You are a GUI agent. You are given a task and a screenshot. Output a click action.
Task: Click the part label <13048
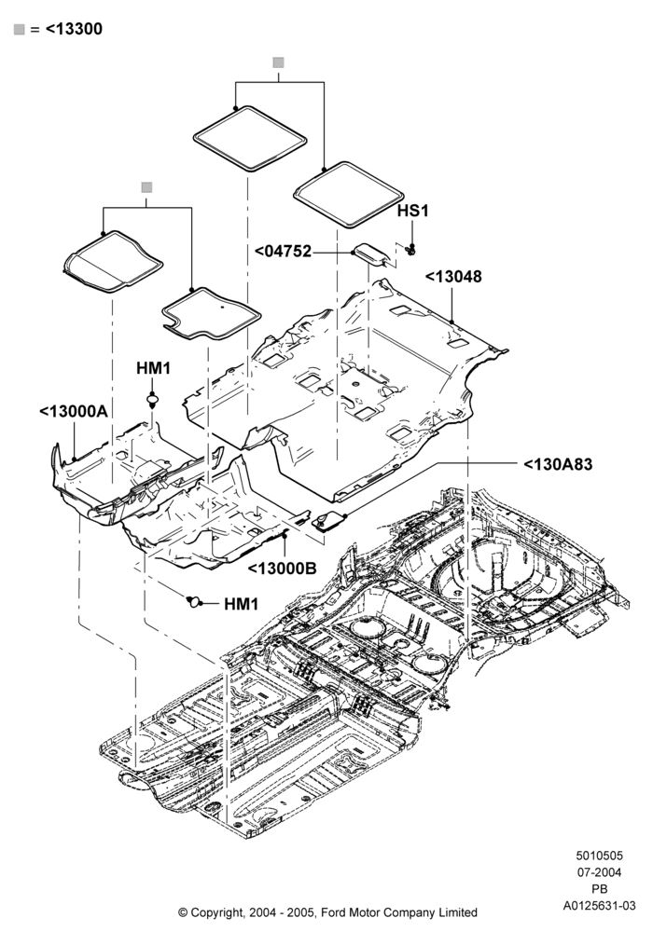pos(453,277)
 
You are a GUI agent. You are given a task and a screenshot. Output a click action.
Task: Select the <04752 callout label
pos(283,252)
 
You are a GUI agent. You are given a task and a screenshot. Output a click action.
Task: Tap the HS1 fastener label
pos(412,211)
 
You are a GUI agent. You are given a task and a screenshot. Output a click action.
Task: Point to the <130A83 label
pos(558,464)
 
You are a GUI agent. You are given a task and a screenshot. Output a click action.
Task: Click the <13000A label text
pos(74,411)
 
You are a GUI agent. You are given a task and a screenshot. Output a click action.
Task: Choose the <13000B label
pos(282,569)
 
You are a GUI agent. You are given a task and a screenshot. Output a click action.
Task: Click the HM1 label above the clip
pos(153,368)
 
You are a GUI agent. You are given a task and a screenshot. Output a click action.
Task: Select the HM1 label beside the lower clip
pos(241,604)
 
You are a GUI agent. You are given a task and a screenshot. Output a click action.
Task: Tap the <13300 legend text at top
pos(74,29)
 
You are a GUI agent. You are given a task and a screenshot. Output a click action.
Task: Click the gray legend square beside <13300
pos(20,29)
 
